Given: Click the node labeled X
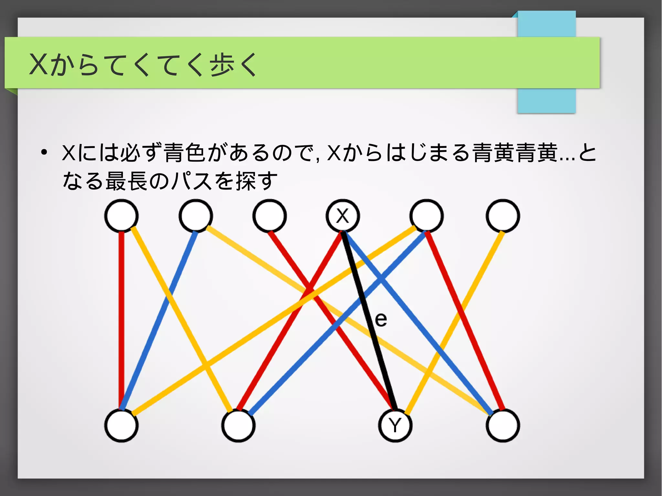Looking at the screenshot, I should (x=342, y=216).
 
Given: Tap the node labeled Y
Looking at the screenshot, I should (x=395, y=425).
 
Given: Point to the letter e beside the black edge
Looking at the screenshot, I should (x=381, y=320).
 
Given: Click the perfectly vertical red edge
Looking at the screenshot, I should (x=122, y=320).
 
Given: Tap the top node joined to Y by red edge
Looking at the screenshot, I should (x=270, y=216).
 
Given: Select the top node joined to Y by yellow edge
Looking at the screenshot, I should (x=503, y=216).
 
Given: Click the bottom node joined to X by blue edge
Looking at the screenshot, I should (x=503, y=425).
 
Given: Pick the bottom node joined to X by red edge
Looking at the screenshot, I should (x=238, y=425).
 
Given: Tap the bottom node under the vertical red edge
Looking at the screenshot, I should (x=122, y=425).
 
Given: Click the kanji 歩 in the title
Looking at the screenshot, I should (x=223, y=65).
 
